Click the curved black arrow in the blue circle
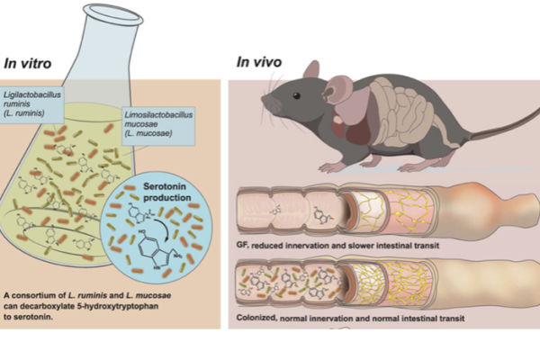click(164, 222)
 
